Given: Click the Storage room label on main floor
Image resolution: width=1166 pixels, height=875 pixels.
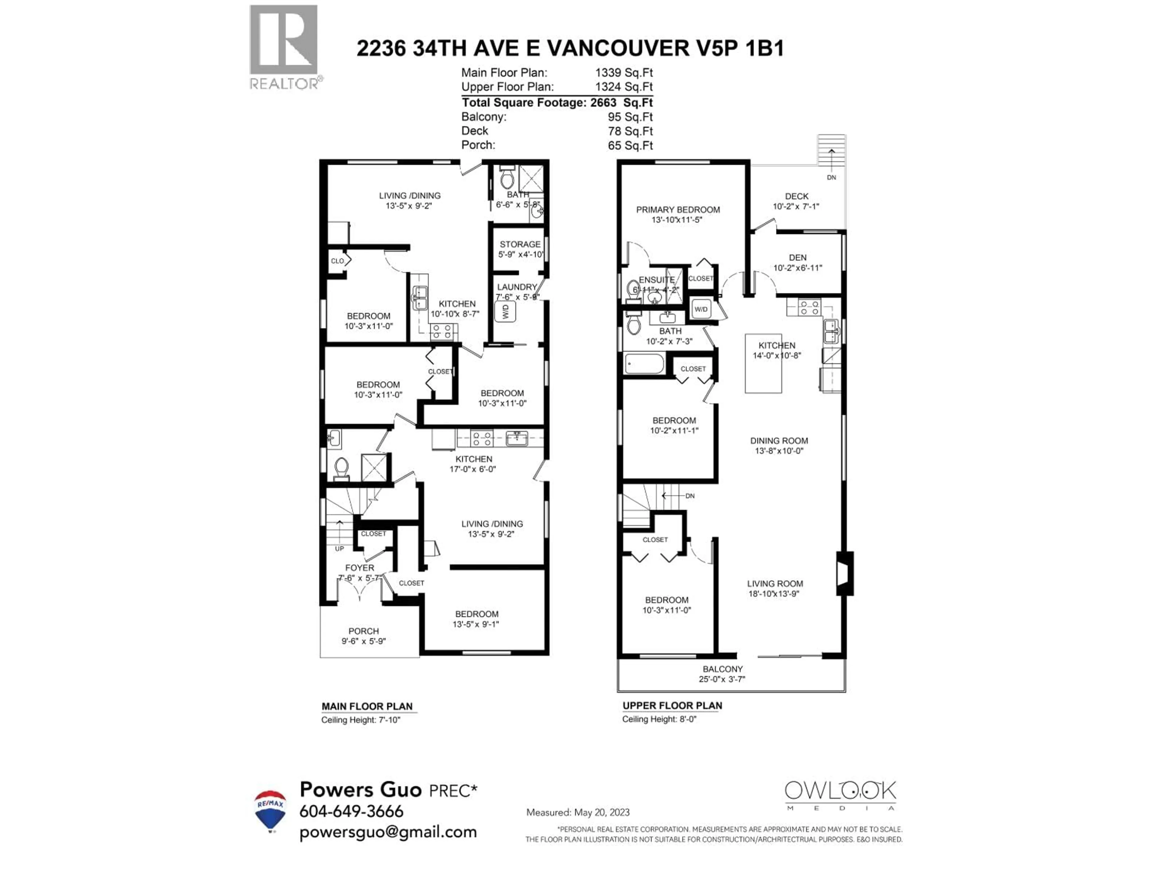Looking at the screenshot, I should click(520, 245).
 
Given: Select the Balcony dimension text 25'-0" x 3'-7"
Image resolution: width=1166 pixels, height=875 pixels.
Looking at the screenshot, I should click(722, 679).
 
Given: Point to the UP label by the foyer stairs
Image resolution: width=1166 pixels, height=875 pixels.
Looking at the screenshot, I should click(339, 548).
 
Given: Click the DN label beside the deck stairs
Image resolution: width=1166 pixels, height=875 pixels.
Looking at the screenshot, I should click(831, 178).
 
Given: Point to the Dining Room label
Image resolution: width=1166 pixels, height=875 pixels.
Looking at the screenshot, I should click(779, 441).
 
